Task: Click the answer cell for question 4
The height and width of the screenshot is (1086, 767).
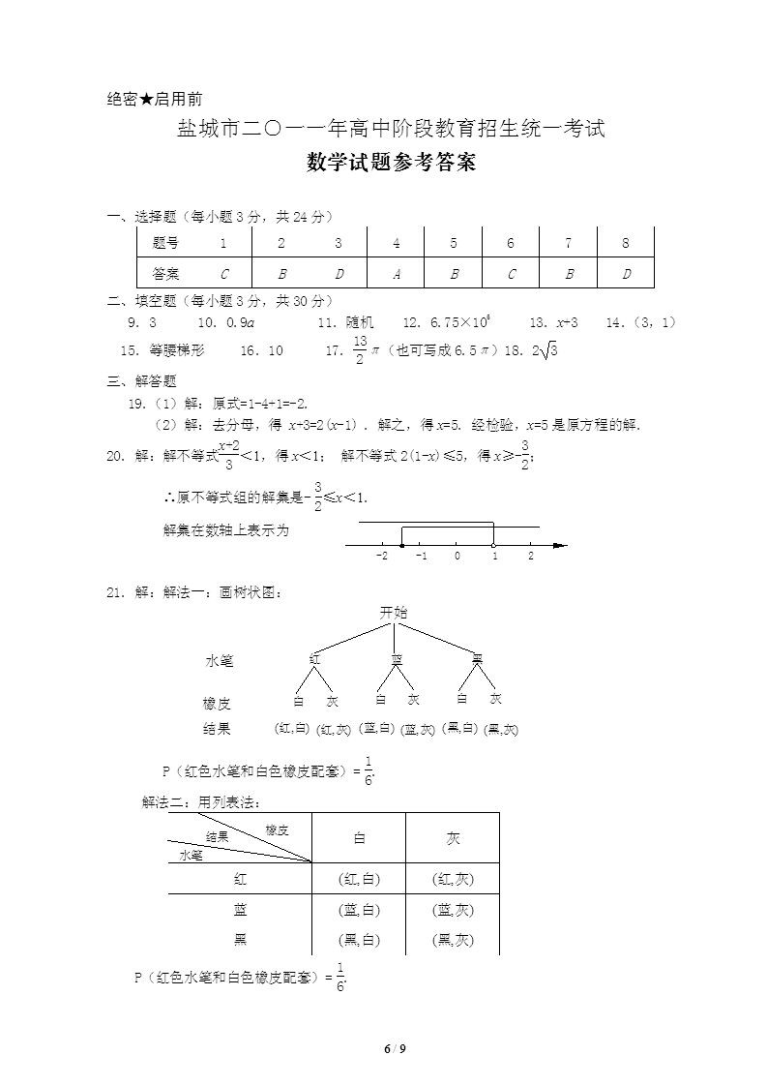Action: tap(397, 274)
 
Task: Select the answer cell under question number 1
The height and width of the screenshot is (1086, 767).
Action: tap(223, 274)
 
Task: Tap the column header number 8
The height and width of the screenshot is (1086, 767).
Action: tap(626, 243)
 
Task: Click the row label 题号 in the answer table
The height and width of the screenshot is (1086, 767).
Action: tap(165, 243)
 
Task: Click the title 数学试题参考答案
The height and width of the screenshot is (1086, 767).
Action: tap(391, 163)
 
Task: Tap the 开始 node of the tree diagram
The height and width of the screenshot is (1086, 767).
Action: tap(394, 613)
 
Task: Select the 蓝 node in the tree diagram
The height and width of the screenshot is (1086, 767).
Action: tap(396, 659)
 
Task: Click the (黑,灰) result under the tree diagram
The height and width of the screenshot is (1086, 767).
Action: tap(501, 729)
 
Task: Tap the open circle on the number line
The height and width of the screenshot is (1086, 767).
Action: tap(493, 546)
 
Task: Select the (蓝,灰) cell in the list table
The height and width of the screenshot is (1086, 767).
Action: tap(454, 910)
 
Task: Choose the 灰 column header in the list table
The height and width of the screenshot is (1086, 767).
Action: tap(454, 838)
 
